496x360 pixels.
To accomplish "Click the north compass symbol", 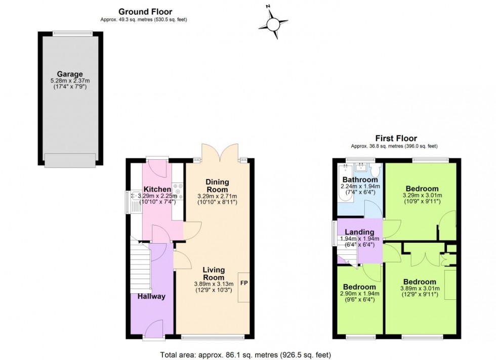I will (x=273, y=23).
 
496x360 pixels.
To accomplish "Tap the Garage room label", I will (x=70, y=74).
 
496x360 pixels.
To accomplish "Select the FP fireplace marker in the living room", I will (x=243, y=283).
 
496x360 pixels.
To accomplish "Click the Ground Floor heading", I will (x=145, y=12).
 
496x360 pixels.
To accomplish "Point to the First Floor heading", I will (x=396, y=138).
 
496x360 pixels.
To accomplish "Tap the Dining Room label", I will (x=217, y=186).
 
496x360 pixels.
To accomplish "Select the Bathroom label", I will (x=360, y=180).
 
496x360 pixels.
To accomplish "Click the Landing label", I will (x=360, y=232).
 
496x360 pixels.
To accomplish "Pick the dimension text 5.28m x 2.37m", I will (x=70, y=81).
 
